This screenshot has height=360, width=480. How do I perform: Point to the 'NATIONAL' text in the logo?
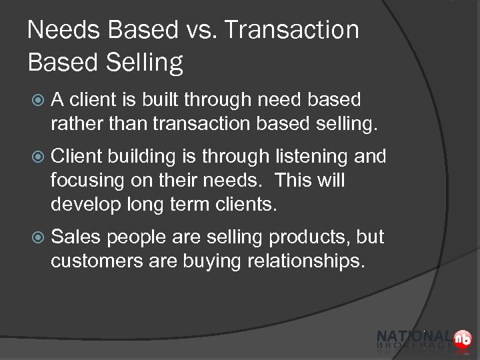tap(413, 336)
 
